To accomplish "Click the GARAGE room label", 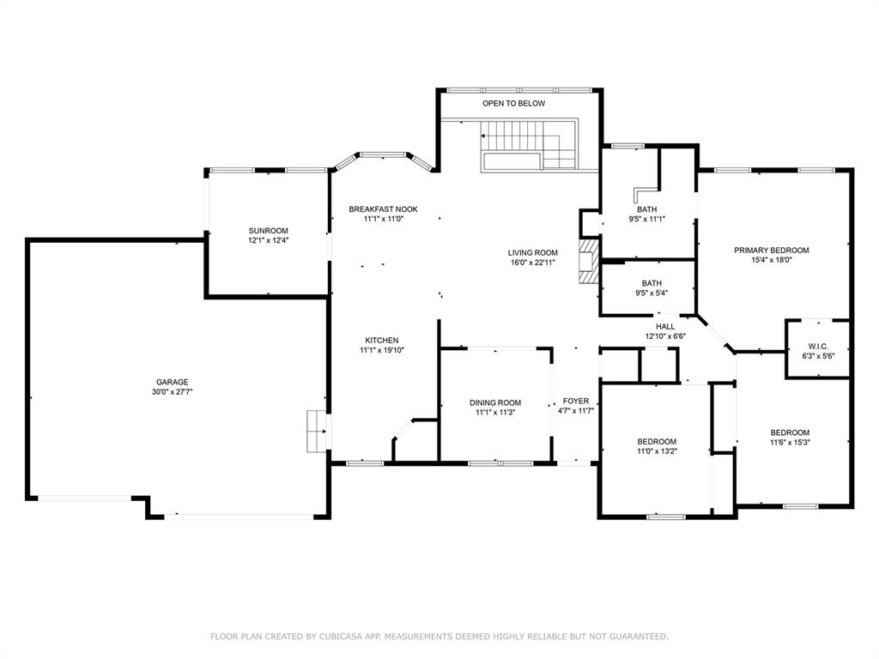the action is (x=172, y=382).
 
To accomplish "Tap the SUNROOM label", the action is (x=269, y=230).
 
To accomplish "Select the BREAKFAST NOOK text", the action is (x=384, y=209).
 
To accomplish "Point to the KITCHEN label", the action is (x=382, y=340).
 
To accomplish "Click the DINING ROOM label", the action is (x=495, y=402).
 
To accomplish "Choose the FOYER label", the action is (x=576, y=402).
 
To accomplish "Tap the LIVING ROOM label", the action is (x=532, y=253).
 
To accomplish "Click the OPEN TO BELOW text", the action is (x=514, y=103).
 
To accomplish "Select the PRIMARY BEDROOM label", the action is (x=772, y=251).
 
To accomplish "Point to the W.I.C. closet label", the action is (x=818, y=347).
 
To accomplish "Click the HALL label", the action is (x=665, y=327).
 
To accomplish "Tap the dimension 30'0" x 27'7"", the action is (x=172, y=391).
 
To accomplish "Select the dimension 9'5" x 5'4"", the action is (x=652, y=293).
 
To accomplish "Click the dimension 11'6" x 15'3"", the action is (x=790, y=442).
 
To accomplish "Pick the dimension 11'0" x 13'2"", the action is (x=657, y=450).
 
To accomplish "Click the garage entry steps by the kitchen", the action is (x=318, y=431).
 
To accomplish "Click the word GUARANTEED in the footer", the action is (x=639, y=636).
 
